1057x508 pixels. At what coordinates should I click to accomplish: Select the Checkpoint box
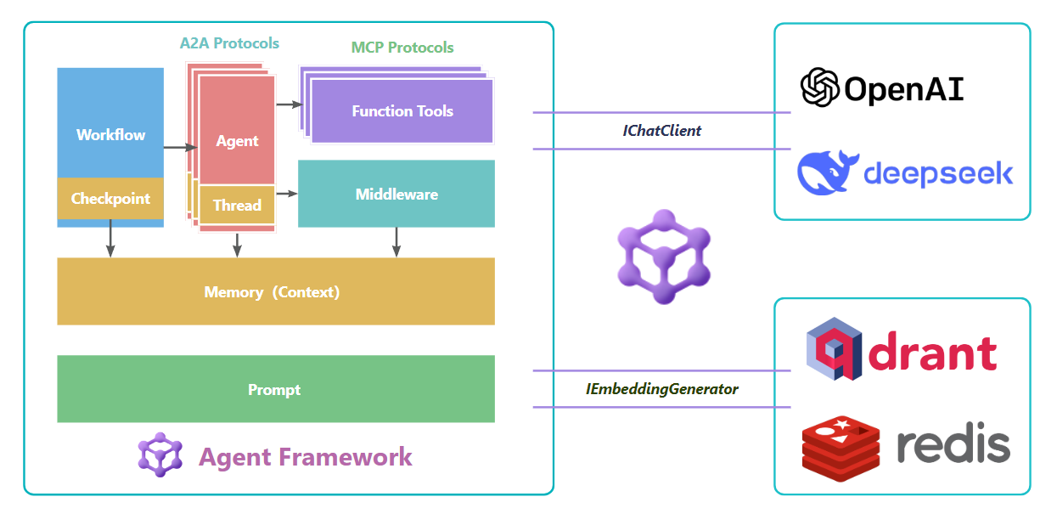pyautogui.click(x=110, y=199)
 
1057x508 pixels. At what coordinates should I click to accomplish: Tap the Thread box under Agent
pyautogui.click(x=237, y=205)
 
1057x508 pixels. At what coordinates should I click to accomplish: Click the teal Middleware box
pyautogui.click(x=396, y=194)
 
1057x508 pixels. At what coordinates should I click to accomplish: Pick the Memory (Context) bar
pyautogui.click(x=276, y=291)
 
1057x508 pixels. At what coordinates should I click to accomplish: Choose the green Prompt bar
pyautogui.click(x=276, y=389)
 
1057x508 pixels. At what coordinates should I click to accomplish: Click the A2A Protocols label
pyautogui.click(x=229, y=42)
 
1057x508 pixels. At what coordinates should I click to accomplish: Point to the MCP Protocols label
pyautogui.click(x=402, y=48)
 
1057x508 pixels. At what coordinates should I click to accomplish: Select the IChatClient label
pyautogui.click(x=662, y=131)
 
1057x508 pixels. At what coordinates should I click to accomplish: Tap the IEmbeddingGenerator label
pyautogui.click(x=662, y=389)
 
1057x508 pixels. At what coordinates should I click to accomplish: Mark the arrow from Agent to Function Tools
pyautogui.click(x=290, y=104)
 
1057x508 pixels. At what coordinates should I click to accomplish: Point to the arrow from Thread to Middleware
pyautogui.click(x=287, y=194)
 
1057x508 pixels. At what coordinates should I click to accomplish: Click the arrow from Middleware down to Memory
pyautogui.click(x=396, y=241)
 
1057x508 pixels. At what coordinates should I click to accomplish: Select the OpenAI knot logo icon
pyautogui.click(x=820, y=87)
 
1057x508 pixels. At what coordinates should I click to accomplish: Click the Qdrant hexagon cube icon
pyautogui.click(x=834, y=350)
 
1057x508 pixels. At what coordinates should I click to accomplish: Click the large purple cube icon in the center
pyautogui.click(x=663, y=264)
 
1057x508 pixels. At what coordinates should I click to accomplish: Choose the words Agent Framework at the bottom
pyautogui.click(x=305, y=456)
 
